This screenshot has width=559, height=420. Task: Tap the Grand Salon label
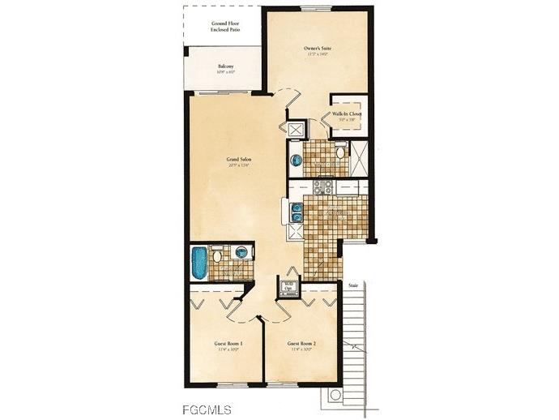click(x=238, y=160)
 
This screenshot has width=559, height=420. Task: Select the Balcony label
click(x=226, y=66)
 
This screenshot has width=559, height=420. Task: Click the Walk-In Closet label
click(x=347, y=114)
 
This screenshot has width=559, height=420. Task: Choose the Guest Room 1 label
click(x=229, y=345)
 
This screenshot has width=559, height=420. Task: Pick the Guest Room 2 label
click(x=302, y=345)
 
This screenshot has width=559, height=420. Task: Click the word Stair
click(x=353, y=286)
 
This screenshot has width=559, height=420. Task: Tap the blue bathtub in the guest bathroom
click(x=199, y=263)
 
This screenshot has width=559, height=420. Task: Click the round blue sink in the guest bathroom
click(x=241, y=253)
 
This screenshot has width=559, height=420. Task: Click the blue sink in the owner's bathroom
click(x=296, y=161)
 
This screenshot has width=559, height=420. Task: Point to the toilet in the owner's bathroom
click(x=341, y=151)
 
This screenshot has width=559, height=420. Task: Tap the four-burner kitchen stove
click(x=322, y=187)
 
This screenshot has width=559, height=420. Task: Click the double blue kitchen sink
click(x=297, y=212)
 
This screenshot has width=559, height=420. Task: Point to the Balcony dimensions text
click(x=226, y=73)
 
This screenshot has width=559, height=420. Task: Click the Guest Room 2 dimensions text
click(x=302, y=351)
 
